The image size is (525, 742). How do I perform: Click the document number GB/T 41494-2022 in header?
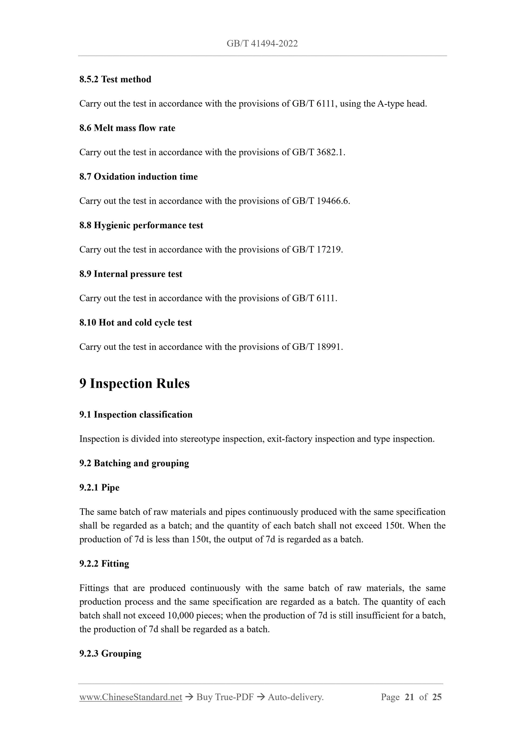pyautogui.click(x=262, y=44)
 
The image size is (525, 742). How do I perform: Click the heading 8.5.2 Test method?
pyautogui.click(x=115, y=80)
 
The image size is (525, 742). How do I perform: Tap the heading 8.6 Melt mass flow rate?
pyautogui.click(x=127, y=128)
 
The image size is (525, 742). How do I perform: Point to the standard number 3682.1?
pyautogui.click(x=330, y=152)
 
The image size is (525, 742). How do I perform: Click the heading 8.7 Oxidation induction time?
pyautogui.click(x=138, y=177)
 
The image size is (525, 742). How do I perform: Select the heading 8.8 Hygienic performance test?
pyautogui.click(x=141, y=225)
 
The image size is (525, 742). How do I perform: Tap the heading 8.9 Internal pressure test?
pyautogui.click(x=131, y=274)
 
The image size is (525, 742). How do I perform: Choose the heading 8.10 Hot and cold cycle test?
pyautogui.click(x=135, y=323)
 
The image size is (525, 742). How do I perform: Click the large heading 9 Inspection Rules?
pyautogui.click(x=134, y=384)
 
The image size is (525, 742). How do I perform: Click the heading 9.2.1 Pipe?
pyautogui.click(x=99, y=487)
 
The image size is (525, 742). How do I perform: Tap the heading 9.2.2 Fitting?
pyautogui.click(x=104, y=563)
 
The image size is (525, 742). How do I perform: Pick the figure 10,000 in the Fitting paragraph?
pyautogui.click(x=180, y=615)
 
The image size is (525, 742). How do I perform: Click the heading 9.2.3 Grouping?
pyautogui.click(x=110, y=653)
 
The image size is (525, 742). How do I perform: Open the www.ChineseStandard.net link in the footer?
pyautogui.click(x=131, y=697)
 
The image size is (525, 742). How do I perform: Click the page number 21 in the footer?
pyautogui.click(x=409, y=697)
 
